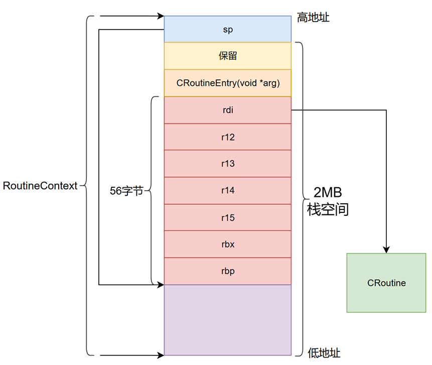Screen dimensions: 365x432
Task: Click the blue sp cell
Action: (x=227, y=29)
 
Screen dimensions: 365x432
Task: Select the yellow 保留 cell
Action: (x=227, y=56)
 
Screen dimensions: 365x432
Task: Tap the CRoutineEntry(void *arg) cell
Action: (x=227, y=83)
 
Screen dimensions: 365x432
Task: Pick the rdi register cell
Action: (x=227, y=110)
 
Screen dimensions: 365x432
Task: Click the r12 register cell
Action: (x=227, y=137)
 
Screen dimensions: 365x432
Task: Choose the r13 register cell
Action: (x=227, y=164)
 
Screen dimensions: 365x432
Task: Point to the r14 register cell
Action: (x=227, y=191)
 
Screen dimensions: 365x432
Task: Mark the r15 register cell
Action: (x=227, y=218)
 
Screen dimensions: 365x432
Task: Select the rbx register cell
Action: (x=227, y=245)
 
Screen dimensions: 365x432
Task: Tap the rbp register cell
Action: (x=227, y=272)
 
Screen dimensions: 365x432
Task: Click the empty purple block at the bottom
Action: (x=227, y=320)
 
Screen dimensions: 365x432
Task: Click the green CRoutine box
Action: (x=386, y=283)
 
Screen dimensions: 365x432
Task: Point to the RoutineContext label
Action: (x=40, y=186)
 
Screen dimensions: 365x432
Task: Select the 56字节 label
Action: (x=126, y=191)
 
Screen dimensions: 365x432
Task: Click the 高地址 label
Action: (x=314, y=18)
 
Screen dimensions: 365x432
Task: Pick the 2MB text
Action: (x=328, y=192)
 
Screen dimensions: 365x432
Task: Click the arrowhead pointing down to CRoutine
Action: (x=386, y=250)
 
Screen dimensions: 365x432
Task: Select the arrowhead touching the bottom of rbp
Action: (x=161, y=285)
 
